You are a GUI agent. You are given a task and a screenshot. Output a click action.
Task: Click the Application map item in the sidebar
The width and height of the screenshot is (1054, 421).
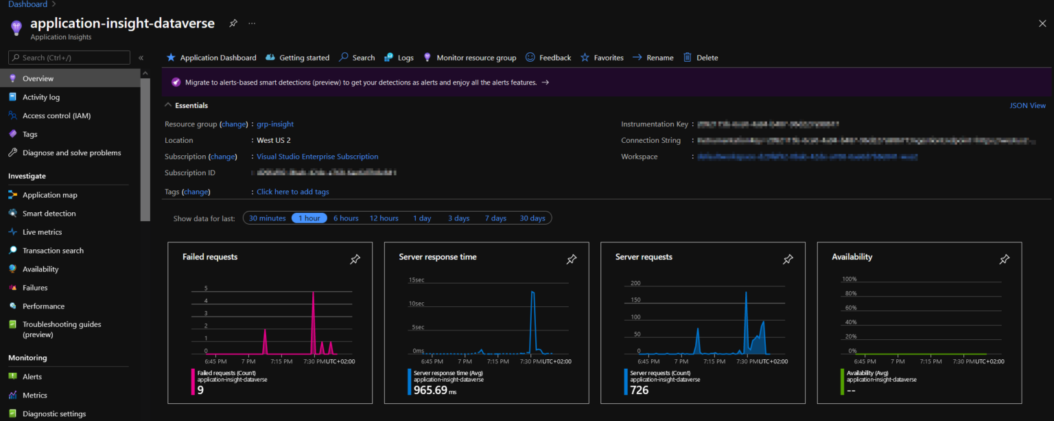[x=49, y=195]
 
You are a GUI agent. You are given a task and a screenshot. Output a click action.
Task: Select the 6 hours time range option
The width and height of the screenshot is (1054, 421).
[x=346, y=218]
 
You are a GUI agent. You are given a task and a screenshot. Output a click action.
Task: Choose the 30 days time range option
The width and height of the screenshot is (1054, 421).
[x=532, y=218]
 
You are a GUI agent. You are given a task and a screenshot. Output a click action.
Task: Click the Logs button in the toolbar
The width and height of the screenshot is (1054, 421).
[x=406, y=58]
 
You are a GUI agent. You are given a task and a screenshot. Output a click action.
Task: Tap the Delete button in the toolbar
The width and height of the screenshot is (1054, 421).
[x=707, y=58]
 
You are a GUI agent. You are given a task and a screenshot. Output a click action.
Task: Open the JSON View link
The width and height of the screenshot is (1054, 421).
[x=1027, y=106]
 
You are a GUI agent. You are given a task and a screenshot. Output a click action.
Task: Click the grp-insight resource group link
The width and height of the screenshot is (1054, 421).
[x=275, y=124]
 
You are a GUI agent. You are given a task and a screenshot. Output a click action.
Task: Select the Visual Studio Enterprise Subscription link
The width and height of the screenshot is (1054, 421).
[x=317, y=157]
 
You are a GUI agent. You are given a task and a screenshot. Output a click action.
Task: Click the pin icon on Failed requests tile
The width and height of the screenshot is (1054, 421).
[x=355, y=260]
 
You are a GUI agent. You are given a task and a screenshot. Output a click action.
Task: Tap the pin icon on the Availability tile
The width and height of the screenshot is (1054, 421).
[x=1004, y=260]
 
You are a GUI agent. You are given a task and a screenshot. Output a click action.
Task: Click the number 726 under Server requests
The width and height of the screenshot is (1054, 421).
[x=640, y=390]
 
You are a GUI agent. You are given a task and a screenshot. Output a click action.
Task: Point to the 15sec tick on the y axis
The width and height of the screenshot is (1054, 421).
[x=417, y=280]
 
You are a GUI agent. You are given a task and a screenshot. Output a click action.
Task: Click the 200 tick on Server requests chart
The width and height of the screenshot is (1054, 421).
[x=635, y=283]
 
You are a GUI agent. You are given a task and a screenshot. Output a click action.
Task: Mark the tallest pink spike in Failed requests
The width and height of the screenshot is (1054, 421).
[x=313, y=294]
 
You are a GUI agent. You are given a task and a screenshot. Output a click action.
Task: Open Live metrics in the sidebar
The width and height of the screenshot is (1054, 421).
[x=42, y=232]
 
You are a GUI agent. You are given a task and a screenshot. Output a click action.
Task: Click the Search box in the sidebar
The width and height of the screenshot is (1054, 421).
[x=69, y=58]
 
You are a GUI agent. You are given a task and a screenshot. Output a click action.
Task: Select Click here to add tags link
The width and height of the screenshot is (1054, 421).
[x=293, y=192]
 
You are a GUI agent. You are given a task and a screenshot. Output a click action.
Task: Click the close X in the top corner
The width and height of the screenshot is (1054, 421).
[x=1042, y=23]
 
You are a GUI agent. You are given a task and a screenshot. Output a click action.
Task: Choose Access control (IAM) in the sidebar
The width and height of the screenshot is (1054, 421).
[x=56, y=116]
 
